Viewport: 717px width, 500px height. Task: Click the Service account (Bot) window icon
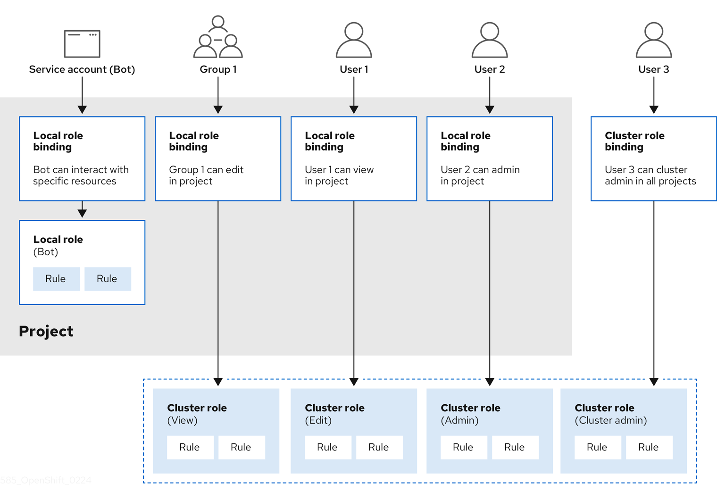pyautogui.click(x=82, y=43)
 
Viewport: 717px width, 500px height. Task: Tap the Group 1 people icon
pyautogui.click(x=218, y=37)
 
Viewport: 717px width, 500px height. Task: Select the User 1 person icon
pyautogui.click(x=354, y=40)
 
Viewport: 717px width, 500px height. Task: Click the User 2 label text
pyautogui.click(x=489, y=69)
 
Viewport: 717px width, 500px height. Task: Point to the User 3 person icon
pyautogui.click(x=653, y=40)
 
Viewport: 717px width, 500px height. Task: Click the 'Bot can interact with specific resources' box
pyautogui.click(x=82, y=158)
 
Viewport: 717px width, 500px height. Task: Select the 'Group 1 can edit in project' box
pyautogui.click(x=218, y=158)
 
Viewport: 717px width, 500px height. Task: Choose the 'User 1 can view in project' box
pyautogui.click(x=354, y=158)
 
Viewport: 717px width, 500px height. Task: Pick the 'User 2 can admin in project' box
pyautogui.click(x=489, y=158)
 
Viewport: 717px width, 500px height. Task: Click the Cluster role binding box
pyautogui.click(x=653, y=158)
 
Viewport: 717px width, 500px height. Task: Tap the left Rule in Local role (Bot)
pyautogui.click(x=56, y=279)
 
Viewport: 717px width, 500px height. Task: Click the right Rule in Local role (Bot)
pyautogui.click(x=107, y=279)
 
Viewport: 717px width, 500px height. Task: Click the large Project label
pyautogui.click(x=46, y=331)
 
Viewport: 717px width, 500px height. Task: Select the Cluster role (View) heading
pyautogui.click(x=197, y=408)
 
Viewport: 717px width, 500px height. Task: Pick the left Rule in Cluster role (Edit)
pyautogui.click(x=327, y=447)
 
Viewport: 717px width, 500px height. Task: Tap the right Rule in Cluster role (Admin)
pyautogui.click(x=515, y=447)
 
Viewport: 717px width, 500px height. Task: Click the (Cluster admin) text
pyautogui.click(x=610, y=420)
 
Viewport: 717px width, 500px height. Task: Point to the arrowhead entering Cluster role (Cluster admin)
pyautogui.click(x=653, y=382)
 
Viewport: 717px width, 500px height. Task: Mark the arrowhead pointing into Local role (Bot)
pyautogui.click(x=82, y=213)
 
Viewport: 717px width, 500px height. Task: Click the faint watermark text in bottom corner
pyautogui.click(x=46, y=480)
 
